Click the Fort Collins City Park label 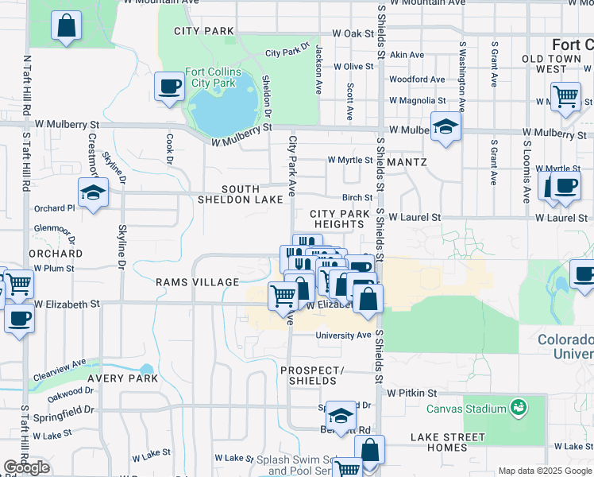coord(210,77)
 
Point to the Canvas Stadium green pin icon coord(519,408)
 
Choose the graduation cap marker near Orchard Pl coord(94,192)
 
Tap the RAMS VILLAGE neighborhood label coord(197,282)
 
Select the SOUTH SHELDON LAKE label coord(240,194)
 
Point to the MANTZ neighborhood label coord(408,162)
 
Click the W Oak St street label coord(353,33)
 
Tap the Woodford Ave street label coord(417,79)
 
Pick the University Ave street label coord(343,335)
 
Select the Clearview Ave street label coord(59,369)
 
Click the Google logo coord(27,467)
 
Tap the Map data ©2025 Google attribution coord(544,471)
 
